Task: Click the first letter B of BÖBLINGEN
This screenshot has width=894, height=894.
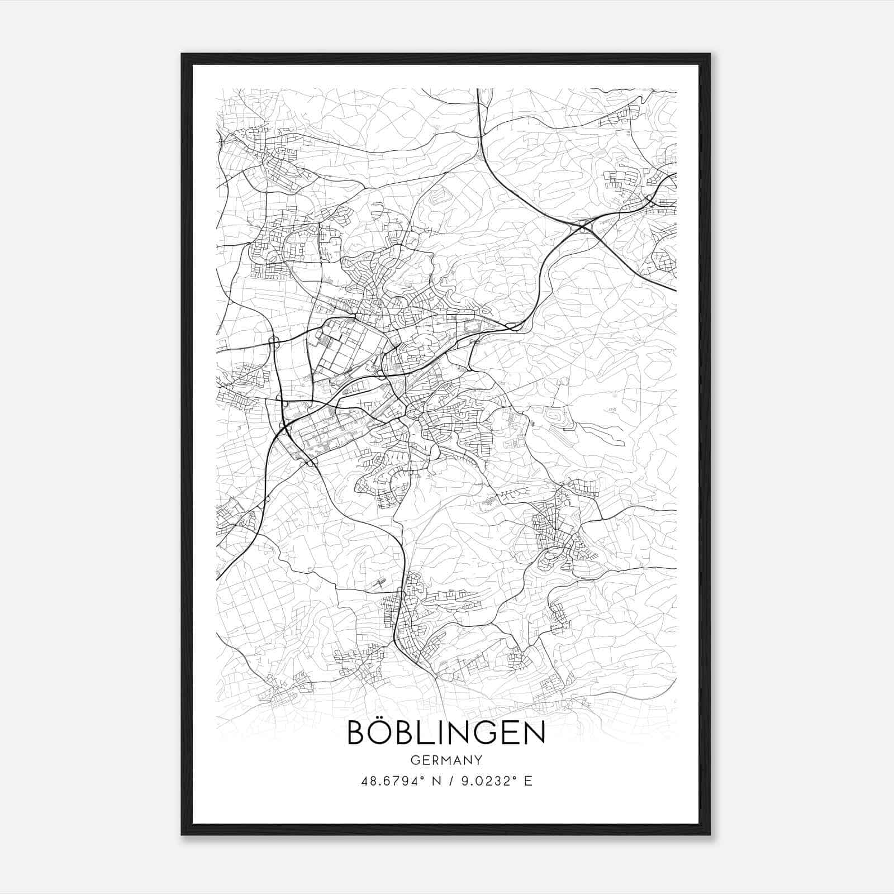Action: (358, 733)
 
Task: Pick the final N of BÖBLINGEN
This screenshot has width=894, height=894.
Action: (532, 733)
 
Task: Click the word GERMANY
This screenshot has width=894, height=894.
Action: (446, 760)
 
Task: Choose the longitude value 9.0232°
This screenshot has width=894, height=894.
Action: (487, 781)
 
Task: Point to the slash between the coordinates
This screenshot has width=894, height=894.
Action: (451, 781)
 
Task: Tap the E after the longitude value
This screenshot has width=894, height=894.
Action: (528, 781)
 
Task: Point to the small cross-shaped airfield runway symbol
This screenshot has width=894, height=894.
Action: (378, 584)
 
